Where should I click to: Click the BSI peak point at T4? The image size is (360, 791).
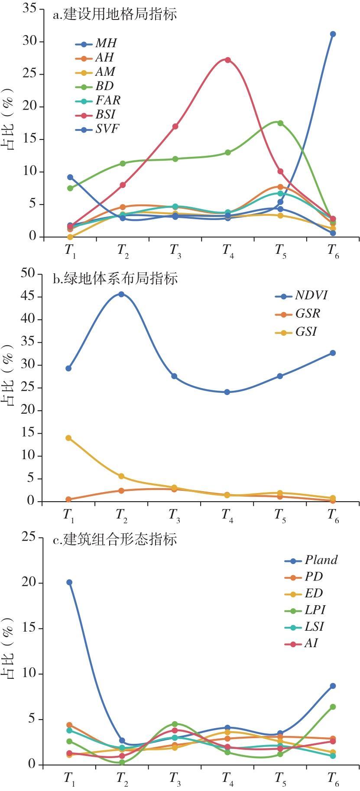pos(227,60)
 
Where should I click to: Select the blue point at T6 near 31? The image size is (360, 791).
pos(333,34)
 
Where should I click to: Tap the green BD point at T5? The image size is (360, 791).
pos(280,123)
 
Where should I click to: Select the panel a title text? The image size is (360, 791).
pos(115,14)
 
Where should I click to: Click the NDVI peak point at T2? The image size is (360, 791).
pos(121,294)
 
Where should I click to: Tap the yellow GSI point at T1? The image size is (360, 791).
pos(68,438)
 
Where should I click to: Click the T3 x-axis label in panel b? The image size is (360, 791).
pos(174,515)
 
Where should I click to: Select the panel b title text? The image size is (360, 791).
pos(115,279)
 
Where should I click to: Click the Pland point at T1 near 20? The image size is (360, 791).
pos(69,582)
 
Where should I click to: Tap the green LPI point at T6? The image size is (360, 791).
pos(333,707)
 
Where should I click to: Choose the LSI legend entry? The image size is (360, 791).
pos(314,626)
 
